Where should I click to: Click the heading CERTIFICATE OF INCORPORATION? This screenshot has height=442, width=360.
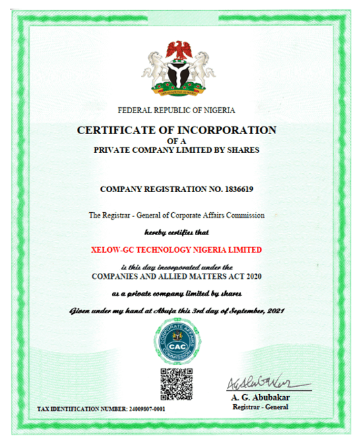(x=177, y=129)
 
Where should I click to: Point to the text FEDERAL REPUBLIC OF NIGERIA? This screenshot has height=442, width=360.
(x=177, y=110)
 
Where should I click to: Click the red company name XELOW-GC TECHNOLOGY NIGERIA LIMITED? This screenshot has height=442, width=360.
(x=176, y=249)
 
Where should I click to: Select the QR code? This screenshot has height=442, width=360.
(x=176, y=385)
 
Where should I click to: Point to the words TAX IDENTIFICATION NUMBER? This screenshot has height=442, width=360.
(x=81, y=409)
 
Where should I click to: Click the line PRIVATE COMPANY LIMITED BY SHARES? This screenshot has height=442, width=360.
(x=176, y=150)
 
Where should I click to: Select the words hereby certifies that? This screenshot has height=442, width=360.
(x=177, y=232)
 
